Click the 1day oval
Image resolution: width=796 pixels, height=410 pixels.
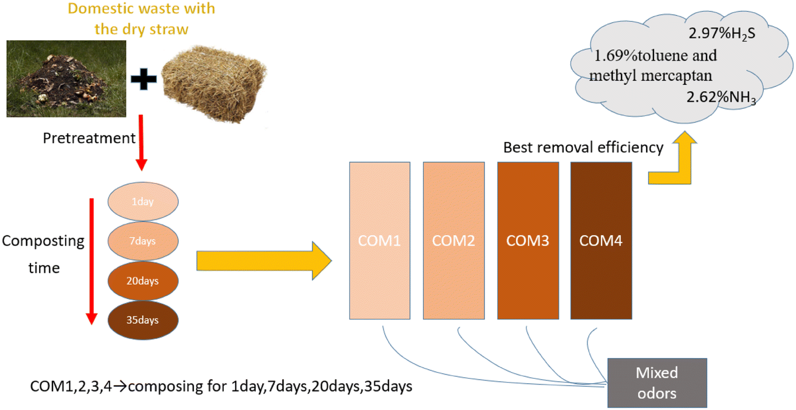pos(143,202)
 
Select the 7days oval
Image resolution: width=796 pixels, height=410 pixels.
pos(143,241)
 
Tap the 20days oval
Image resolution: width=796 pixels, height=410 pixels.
pos(143,280)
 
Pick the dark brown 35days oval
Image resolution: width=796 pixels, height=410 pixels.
pos(143,320)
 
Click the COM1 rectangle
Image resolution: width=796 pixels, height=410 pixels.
pos(380,241)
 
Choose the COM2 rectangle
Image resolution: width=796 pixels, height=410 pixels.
pos(453,241)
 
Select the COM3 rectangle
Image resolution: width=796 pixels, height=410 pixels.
pos(528,241)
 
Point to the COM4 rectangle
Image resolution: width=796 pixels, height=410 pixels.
pos(601,241)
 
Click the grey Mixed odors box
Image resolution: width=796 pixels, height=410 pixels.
pos(657,383)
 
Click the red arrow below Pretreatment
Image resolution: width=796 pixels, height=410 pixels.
pos(141,142)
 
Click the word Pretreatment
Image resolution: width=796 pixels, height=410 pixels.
pos(89,138)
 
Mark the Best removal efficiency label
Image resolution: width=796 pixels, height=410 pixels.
pos(583,147)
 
